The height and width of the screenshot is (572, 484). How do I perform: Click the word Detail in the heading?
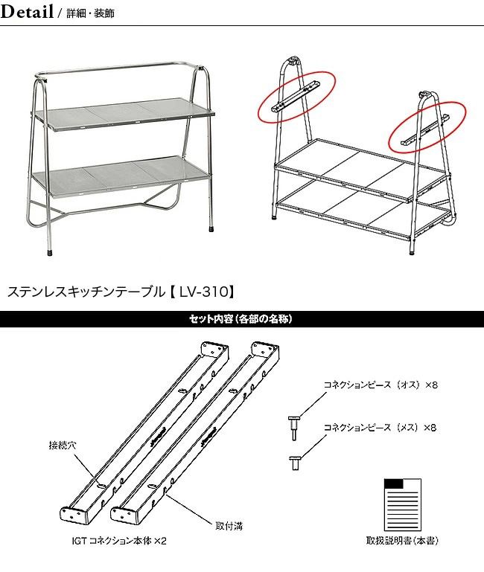tap(27, 12)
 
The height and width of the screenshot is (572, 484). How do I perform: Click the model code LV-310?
tap(200, 291)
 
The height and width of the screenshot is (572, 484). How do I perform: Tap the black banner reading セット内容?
tap(241, 319)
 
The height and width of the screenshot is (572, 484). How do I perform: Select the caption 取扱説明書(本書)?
tap(402, 542)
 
